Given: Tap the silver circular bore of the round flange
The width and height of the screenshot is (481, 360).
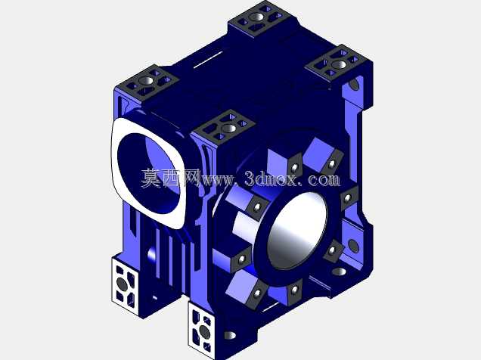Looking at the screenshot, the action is (x=297, y=231).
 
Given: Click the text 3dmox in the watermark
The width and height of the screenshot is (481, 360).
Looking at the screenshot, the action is (x=271, y=178).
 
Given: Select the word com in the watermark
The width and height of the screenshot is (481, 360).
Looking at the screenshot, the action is (x=324, y=179).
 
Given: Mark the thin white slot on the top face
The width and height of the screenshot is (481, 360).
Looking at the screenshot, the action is (x=208, y=59).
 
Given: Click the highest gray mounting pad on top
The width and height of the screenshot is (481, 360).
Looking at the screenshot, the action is (x=259, y=17).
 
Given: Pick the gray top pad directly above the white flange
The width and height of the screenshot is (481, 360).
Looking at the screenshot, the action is (x=147, y=82).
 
